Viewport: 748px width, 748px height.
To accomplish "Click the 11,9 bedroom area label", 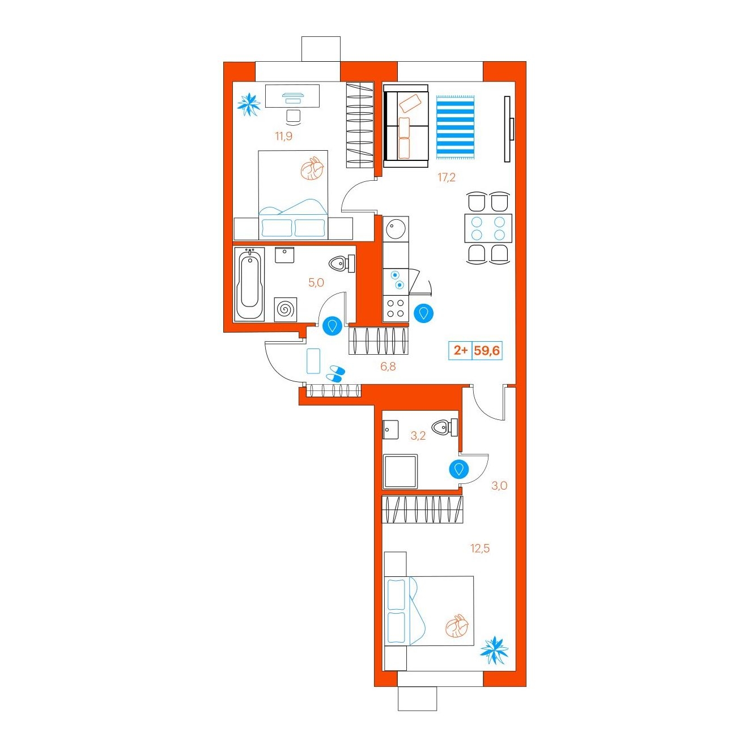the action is [x=283, y=137].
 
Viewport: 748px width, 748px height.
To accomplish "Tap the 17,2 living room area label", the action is [x=447, y=178].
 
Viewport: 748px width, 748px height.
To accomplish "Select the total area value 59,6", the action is [x=487, y=351].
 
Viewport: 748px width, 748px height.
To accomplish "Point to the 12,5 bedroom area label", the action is [x=480, y=549].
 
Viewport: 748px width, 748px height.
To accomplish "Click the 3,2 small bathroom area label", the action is [x=418, y=436].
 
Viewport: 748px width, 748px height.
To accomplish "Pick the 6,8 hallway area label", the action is [x=388, y=366].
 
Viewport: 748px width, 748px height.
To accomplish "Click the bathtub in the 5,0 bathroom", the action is [x=249, y=284].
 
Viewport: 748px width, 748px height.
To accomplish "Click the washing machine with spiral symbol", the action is [x=286, y=309].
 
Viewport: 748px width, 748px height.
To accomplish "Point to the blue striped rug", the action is [x=456, y=127].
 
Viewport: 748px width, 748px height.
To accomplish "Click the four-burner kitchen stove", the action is [x=396, y=308].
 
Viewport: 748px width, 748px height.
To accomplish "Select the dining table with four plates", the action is [x=488, y=228].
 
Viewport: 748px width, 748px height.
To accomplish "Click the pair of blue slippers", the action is [x=335, y=373].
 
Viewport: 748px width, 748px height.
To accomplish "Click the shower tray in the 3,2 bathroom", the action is [x=400, y=471].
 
